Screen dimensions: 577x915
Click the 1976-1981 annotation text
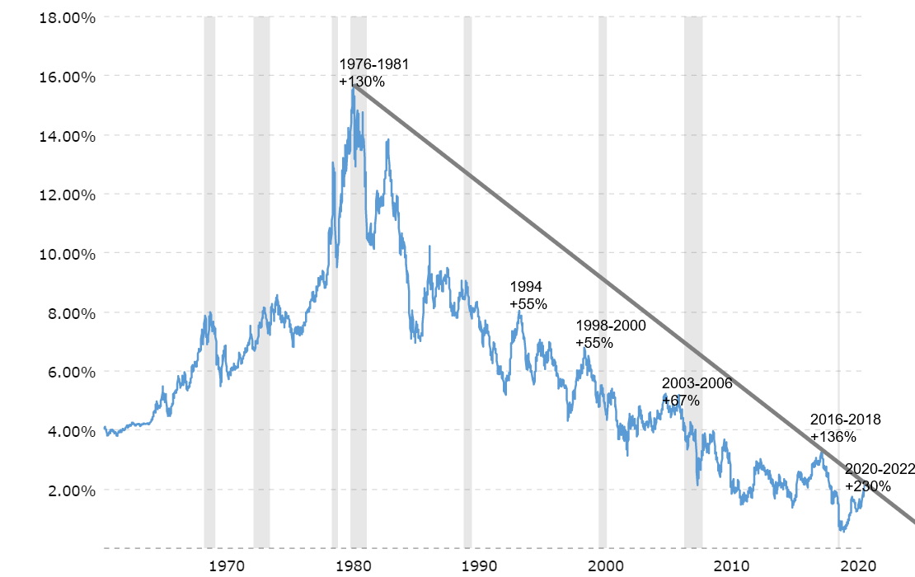(x=373, y=64)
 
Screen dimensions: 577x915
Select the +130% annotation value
(x=362, y=82)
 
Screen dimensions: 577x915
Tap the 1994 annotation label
(x=526, y=287)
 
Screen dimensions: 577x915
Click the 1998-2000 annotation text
(x=611, y=326)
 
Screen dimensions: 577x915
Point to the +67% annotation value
(x=681, y=401)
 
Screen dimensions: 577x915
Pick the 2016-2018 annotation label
(x=845, y=420)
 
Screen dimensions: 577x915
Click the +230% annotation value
(x=867, y=486)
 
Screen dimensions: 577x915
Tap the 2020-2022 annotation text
(x=880, y=469)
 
